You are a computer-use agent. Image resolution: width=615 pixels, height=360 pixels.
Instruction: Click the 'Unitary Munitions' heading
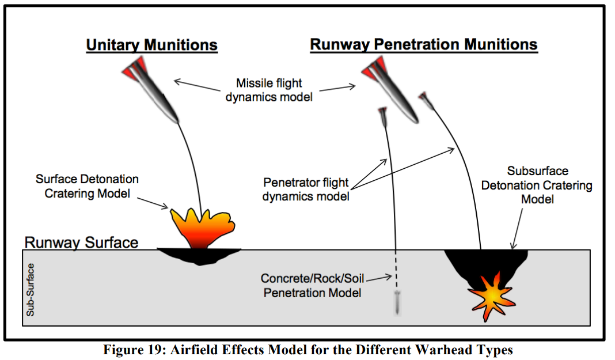click(x=152, y=45)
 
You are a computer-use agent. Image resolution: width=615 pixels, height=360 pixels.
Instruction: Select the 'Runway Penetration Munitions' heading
click(x=424, y=45)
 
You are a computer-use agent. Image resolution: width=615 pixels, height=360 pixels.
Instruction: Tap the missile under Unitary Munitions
click(x=150, y=90)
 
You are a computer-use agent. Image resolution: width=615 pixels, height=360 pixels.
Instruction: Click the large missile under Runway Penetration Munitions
click(x=390, y=90)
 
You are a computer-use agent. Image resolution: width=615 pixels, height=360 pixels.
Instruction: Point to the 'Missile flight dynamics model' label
click(x=269, y=90)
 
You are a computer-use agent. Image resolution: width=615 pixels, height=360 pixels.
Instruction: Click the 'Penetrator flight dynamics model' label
click(x=306, y=190)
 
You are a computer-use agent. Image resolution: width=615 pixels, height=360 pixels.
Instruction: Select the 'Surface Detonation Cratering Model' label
click(x=87, y=186)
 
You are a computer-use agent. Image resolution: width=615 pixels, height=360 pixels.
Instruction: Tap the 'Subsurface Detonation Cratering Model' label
click(x=537, y=185)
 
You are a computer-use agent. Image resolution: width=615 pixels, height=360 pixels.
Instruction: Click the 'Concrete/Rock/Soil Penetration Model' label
click(x=313, y=286)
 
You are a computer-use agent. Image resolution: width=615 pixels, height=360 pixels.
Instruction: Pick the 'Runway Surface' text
click(x=82, y=242)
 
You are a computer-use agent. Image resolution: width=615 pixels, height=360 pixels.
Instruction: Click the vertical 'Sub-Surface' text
click(x=30, y=290)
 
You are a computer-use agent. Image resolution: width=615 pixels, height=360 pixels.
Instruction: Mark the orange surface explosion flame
click(x=202, y=228)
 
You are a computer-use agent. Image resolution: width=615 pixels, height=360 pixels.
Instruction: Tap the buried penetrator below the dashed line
click(x=397, y=303)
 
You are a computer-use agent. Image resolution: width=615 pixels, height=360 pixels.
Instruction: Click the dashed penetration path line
click(x=396, y=270)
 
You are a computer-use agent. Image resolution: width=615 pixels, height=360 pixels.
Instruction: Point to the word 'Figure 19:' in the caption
click(x=133, y=350)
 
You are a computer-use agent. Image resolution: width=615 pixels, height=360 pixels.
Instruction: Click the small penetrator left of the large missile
click(x=383, y=117)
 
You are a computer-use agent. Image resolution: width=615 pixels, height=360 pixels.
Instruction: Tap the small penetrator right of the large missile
click(x=427, y=101)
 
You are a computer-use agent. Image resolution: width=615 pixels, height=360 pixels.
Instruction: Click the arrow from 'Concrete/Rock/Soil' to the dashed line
click(x=379, y=278)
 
